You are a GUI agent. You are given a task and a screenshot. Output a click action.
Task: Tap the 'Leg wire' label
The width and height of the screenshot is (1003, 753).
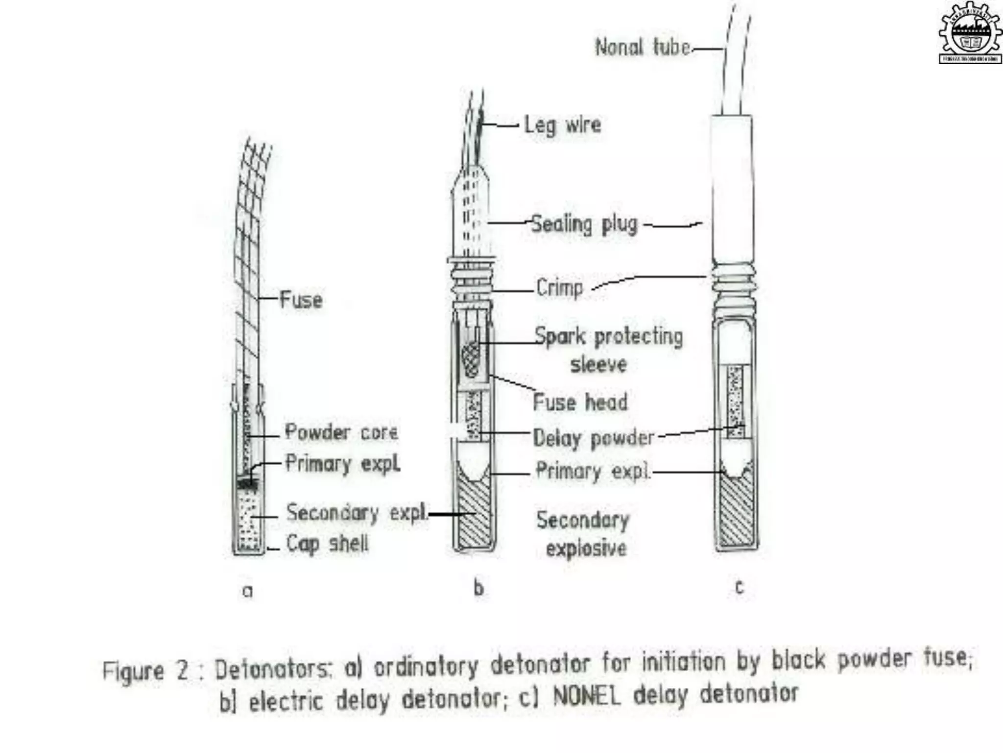coord(563,125)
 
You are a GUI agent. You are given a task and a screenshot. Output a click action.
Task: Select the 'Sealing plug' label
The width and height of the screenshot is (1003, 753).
coord(585,225)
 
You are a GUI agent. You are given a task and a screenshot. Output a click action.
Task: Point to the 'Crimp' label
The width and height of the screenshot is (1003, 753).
coord(560,288)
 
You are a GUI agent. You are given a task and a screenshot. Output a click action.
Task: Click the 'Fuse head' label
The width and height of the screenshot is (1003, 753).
coord(580,402)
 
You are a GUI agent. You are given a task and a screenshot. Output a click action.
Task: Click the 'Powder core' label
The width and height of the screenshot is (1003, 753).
coord(341,432)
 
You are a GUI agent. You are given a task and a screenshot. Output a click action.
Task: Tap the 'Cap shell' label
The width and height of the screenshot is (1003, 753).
coord(327,544)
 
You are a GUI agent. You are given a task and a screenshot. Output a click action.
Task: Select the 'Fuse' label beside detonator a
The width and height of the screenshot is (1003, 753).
coord(301,300)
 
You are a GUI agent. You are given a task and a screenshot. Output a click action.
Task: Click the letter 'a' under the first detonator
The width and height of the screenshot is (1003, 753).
coord(248,591)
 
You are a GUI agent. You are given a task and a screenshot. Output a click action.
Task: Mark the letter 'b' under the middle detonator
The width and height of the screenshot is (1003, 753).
coord(478,588)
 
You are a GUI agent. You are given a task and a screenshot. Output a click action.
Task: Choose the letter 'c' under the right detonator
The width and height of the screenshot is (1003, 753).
coord(740,587)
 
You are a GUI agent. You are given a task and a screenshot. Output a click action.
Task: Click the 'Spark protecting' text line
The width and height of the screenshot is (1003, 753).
coord(608,337)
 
